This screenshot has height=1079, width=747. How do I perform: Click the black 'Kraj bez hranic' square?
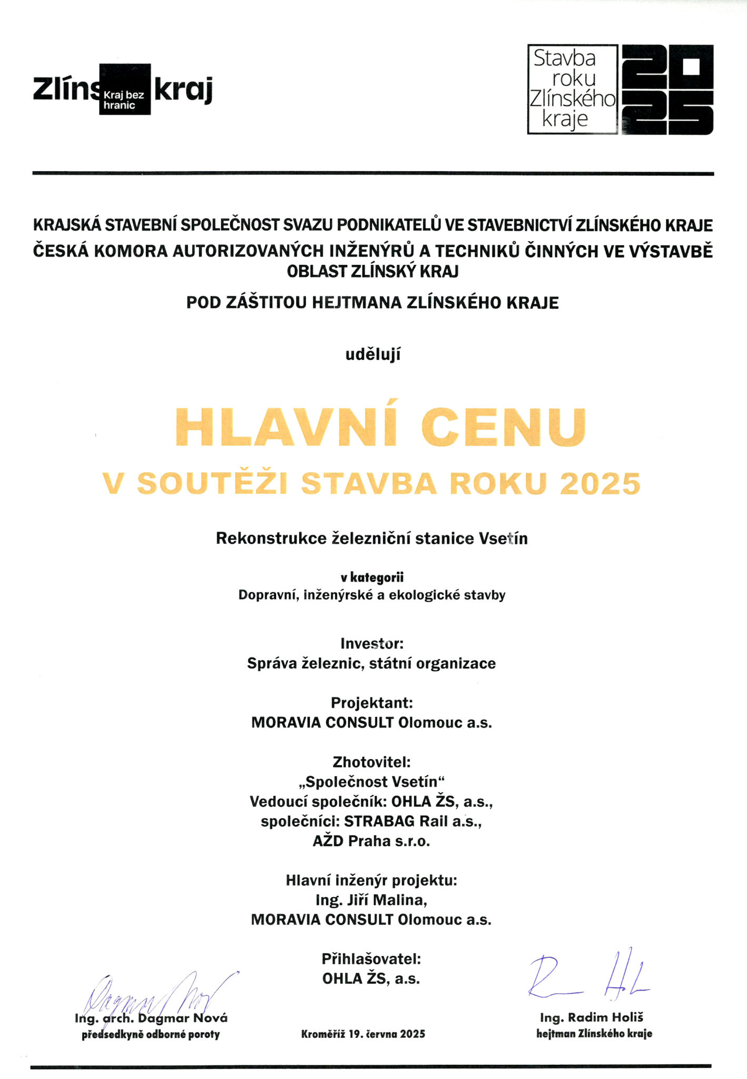pos(125,89)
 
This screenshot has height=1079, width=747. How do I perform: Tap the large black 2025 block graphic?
pos(667,90)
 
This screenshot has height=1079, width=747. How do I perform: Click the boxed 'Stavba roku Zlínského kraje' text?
pos(573,89)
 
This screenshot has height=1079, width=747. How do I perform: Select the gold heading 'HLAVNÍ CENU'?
pos(380,428)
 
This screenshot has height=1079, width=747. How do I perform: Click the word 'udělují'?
pos(373,355)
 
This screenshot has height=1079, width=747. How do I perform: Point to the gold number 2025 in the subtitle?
pos(600,484)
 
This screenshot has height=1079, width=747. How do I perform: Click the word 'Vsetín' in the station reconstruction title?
pos(503,538)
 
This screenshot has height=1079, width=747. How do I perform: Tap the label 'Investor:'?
pos(372,643)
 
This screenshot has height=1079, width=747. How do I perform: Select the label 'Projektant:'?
pos(372,703)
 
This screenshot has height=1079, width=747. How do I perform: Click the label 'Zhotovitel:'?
pos(372,762)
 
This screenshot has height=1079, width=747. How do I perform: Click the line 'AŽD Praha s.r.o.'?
pos(372,841)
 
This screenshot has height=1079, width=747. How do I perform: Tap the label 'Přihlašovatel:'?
pos(372,958)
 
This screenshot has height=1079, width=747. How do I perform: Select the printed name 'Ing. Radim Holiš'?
pos(592,1017)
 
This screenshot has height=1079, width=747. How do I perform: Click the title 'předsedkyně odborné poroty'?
pos(151,1034)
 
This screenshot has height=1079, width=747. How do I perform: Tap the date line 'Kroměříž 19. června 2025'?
pos(363,1034)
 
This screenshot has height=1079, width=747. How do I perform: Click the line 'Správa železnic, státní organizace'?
pos(372,663)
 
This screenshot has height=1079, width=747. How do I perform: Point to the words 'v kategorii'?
pos(372,578)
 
